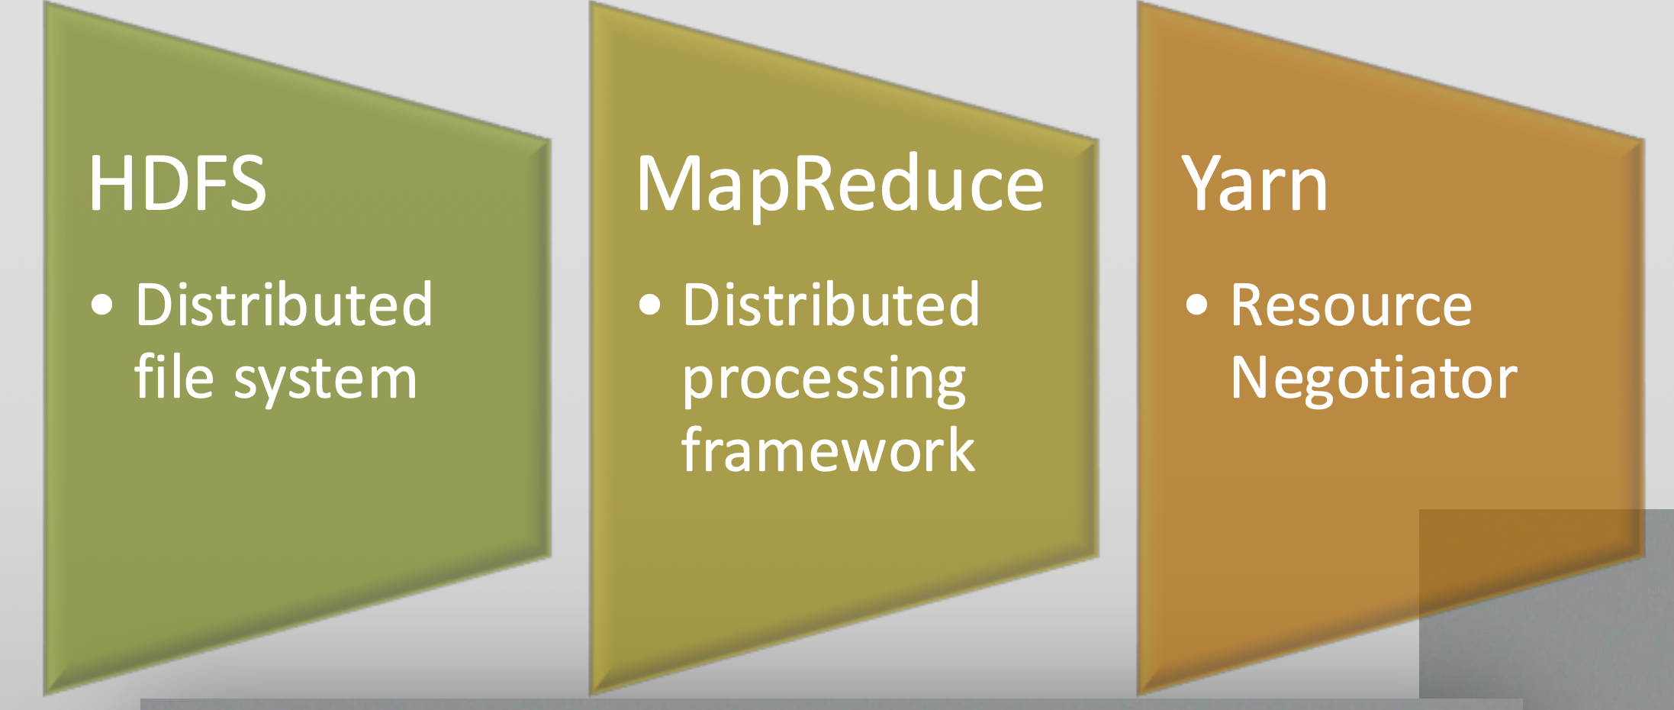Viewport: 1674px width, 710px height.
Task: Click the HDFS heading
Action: tap(178, 183)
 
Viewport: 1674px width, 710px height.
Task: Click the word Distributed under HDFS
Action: tap(284, 305)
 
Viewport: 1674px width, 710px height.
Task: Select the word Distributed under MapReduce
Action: tap(831, 305)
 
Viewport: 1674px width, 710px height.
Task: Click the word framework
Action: tap(829, 450)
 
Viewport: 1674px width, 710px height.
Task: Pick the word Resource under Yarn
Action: tap(1351, 305)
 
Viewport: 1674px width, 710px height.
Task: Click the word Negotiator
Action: tap(1374, 380)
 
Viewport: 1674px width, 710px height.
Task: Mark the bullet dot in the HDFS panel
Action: tap(101, 305)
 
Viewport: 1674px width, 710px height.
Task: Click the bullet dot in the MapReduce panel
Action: tap(649, 305)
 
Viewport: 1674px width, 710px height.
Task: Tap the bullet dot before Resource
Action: tap(1197, 305)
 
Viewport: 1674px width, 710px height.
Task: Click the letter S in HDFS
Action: tap(247, 183)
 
